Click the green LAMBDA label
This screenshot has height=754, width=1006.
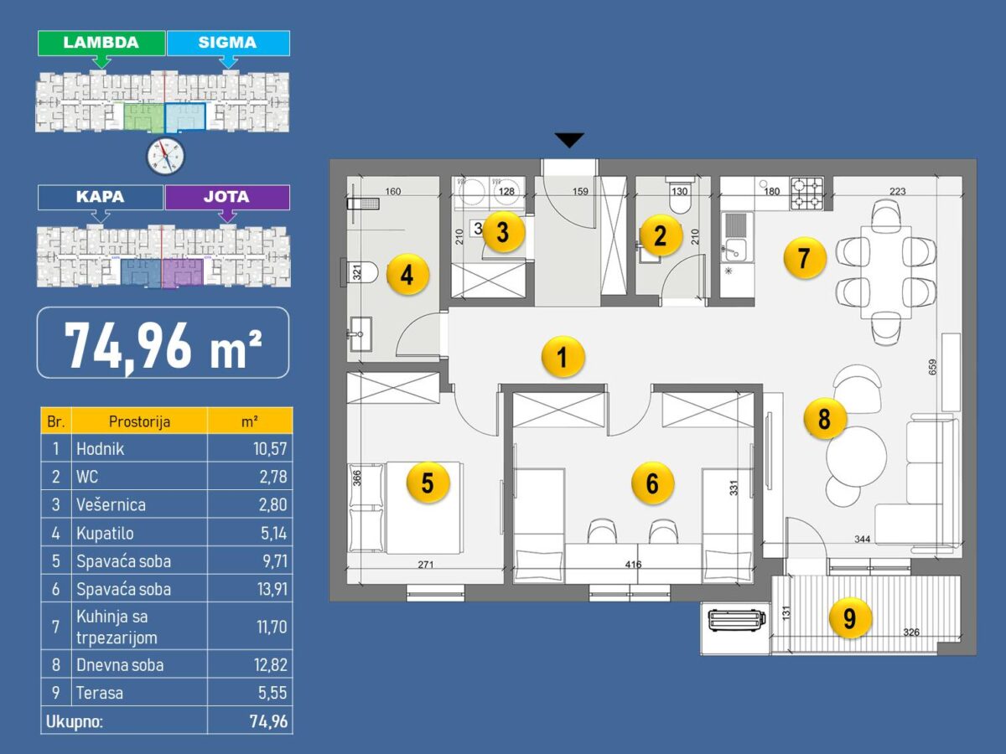pos(101,43)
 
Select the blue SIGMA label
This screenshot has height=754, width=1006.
pos(228,43)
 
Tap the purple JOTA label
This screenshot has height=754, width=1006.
pos(227,198)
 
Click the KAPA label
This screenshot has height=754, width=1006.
pos(101,198)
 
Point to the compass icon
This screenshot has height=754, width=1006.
pos(165,156)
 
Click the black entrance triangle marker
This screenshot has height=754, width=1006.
pos(569,140)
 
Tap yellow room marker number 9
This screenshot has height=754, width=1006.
pos(850,618)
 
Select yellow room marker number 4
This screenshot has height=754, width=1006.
pos(407,275)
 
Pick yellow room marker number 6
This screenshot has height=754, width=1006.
pos(652,483)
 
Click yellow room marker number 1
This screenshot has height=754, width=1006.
pos(563,357)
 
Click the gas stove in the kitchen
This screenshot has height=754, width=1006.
pos(807,194)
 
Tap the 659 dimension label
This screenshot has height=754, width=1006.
pos(933,367)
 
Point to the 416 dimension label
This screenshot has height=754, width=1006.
pos(633,565)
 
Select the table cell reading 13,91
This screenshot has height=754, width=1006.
pos(272,589)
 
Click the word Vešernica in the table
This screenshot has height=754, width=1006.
pos(111,505)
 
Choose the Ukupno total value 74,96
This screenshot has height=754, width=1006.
pos(268,722)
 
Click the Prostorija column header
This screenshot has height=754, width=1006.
pos(139,421)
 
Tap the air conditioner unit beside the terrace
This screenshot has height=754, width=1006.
pos(737,620)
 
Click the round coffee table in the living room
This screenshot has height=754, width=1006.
pos(856,457)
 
